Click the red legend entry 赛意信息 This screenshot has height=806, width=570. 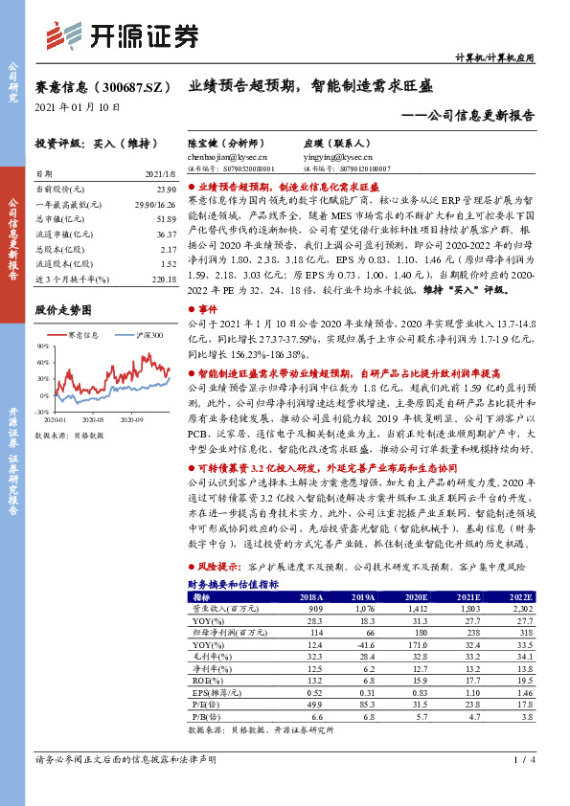[81, 336]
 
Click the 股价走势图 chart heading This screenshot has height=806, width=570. [64, 310]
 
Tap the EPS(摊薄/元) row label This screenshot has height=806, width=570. [216, 691]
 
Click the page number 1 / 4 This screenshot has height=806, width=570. [521, 786]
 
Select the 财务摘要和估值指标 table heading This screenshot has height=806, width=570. [233, 582]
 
